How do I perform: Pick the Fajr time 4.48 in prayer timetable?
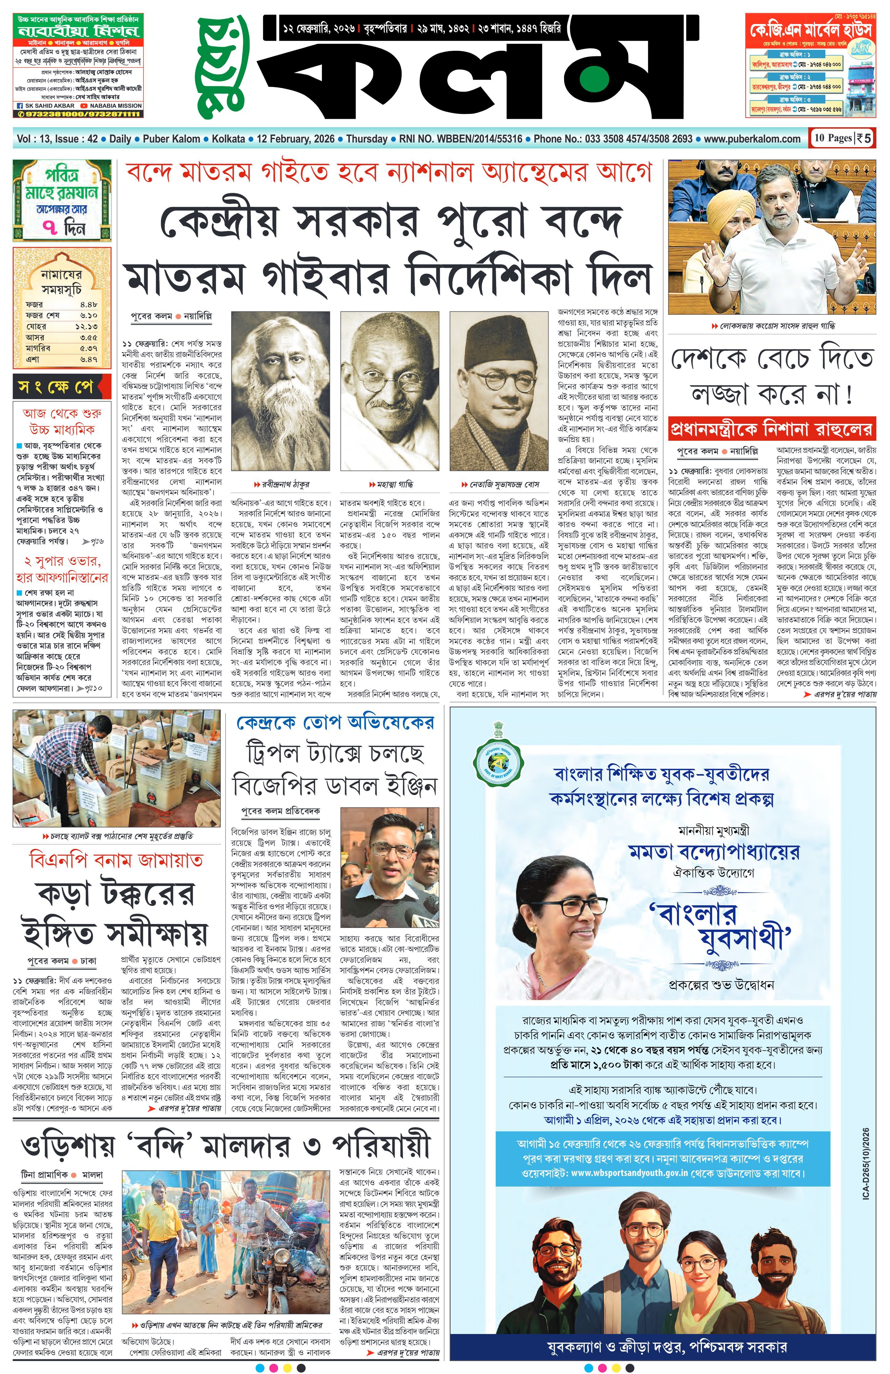(x=88, y=304)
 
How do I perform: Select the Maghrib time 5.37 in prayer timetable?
(x=88, y=348)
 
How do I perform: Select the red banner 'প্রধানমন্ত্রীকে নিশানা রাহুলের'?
(x=771, y=429)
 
